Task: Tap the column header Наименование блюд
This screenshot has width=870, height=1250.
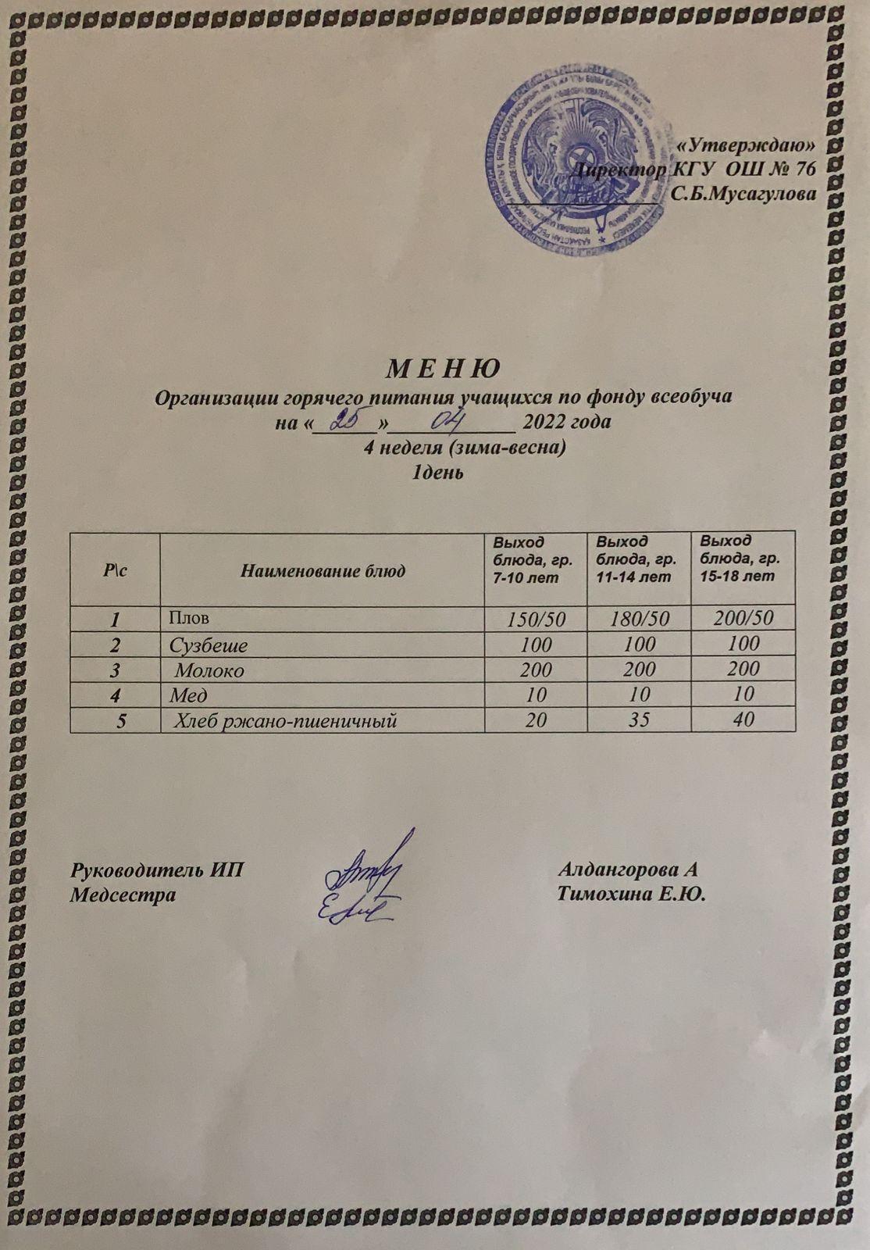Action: (323, 571)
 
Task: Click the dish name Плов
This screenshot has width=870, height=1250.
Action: (190, 618)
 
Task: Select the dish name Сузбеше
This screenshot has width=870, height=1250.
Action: (209, 645)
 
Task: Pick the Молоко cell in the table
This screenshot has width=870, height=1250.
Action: (209, 670)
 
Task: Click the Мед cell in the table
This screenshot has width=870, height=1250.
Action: (188, 695)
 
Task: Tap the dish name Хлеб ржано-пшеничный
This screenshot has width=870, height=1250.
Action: (285, 720)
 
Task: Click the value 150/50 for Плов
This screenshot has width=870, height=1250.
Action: (536, 620)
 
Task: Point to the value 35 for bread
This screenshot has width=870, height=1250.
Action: (639, 720)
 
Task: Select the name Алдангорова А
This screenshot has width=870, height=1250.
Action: (628, 869)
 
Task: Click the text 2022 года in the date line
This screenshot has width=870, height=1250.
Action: (566, 422)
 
